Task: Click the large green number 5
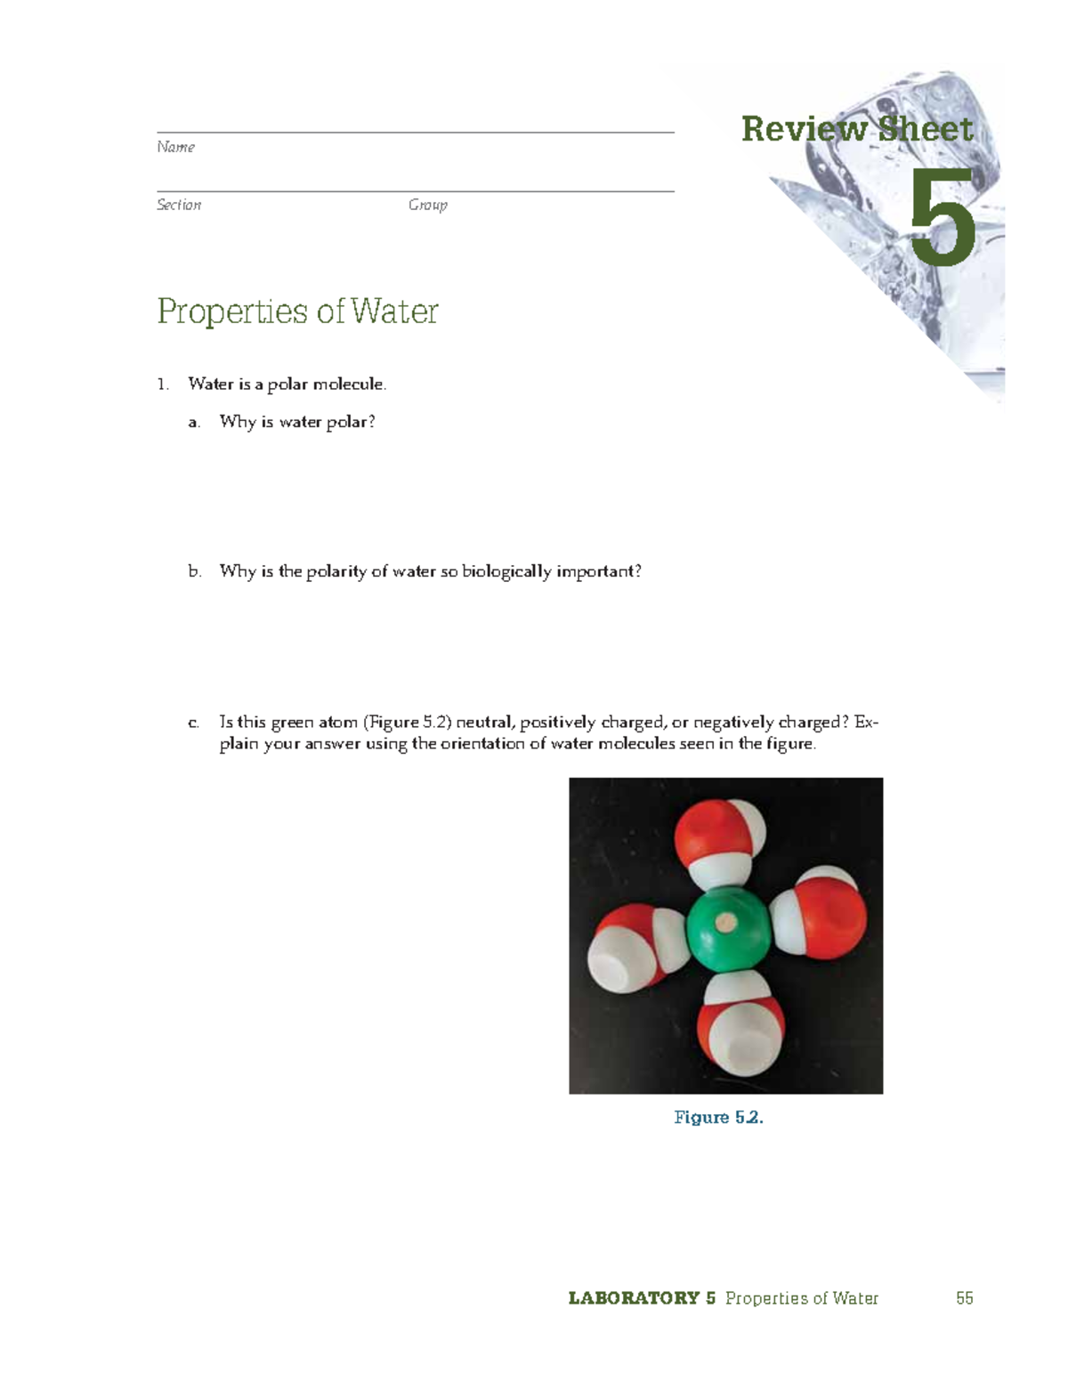coord(942,218)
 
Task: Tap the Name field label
coord(175,147)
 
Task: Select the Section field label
coord(179,205)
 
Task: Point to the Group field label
coord(427,205)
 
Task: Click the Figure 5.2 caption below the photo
coord(718,1117)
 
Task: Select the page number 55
coord(964,1298)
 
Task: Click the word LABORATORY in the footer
coord(634,1298)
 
